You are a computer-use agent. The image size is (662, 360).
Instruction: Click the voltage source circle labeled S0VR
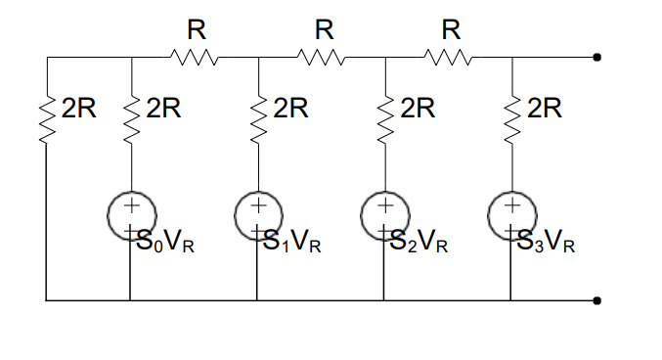coord(130,211)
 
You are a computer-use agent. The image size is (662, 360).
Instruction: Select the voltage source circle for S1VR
coord(256,211)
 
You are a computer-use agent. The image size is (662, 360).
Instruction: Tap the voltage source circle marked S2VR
coord(384,211)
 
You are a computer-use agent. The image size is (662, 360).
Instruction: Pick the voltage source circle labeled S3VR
coord(510,211)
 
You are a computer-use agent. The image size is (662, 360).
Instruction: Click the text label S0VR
coord(165,243)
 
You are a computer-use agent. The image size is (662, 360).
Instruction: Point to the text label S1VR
coord(292,243)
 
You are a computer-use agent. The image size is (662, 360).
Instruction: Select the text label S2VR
coord(419,243)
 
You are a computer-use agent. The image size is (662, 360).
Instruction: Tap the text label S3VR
coord(547,243)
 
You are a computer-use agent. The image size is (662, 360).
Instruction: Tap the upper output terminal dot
coord(596,58)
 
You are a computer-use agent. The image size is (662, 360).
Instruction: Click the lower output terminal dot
coord(596,300)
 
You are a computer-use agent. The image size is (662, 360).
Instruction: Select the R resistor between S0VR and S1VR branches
coord(195,58)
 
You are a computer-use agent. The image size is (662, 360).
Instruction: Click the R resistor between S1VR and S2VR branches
coord(322,58)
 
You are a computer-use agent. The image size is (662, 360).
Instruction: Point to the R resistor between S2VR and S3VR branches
coord(449,58)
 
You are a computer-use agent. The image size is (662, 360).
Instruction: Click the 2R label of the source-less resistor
coord(79,109)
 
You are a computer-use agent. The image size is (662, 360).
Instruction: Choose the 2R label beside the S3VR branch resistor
coord(545,109)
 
